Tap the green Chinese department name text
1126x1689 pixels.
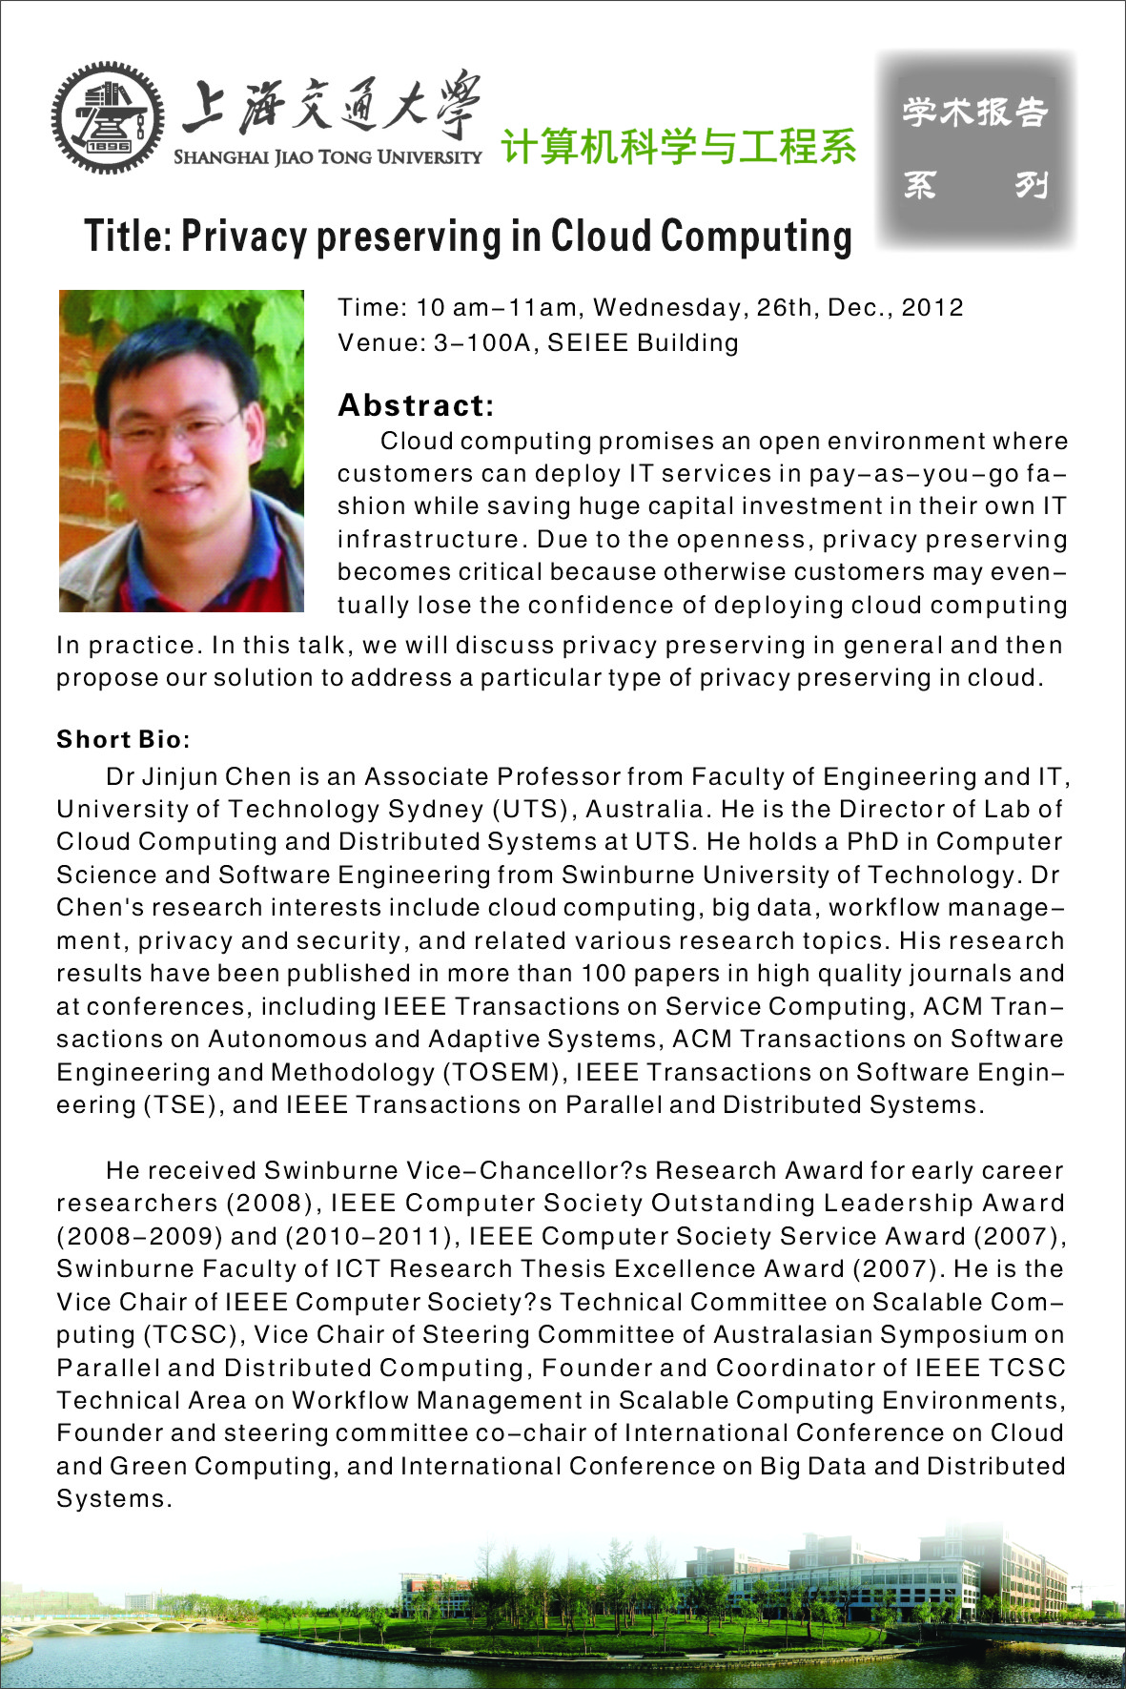[x=678, y=146]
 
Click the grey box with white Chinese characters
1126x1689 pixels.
[x=976, y=150]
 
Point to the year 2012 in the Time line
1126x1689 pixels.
[x=932, y=307]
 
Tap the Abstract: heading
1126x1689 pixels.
[x=416, y=405]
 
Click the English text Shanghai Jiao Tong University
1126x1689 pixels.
[x=327, y=157]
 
